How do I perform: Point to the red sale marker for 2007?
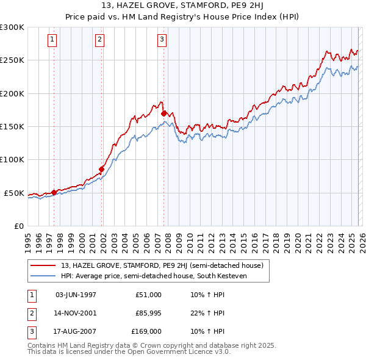point(163,113)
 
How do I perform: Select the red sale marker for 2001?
point(102,169)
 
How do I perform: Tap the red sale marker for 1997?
point(54,192)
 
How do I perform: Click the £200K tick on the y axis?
point(12,93)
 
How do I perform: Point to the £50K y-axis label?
point(14,193)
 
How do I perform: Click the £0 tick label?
point(19,226)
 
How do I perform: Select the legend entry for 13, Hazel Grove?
point(162,265)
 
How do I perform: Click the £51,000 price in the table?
point(148,295)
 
